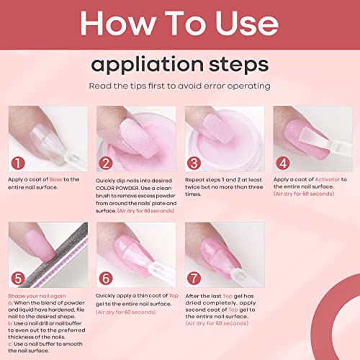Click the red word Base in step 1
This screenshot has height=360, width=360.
(63, 179)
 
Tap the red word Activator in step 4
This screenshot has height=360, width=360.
(321, 179)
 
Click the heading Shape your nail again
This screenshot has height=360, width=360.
(38, 295)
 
